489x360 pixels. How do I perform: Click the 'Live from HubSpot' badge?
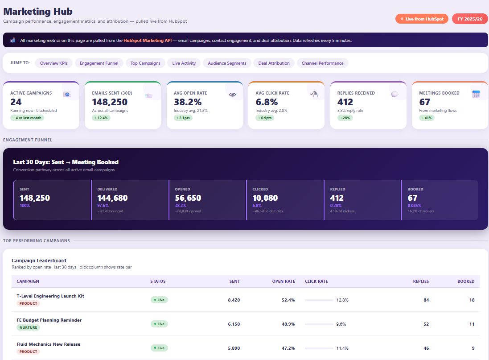421,19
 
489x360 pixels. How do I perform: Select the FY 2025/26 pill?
470,19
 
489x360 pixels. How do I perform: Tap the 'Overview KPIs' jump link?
53,63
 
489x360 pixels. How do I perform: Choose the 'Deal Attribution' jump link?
274,63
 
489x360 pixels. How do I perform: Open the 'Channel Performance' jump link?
322,63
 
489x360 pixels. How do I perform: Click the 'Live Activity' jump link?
184,63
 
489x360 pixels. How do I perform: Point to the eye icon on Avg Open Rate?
232,95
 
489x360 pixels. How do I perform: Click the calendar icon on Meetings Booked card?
476,95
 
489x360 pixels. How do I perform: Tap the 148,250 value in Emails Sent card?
110,102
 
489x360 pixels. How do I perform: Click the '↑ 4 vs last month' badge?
27,118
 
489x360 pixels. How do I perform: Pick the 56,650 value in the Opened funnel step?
188,198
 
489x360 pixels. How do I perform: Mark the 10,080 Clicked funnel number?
265,198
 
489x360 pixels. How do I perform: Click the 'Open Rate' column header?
284,281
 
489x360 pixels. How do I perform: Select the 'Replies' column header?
420,281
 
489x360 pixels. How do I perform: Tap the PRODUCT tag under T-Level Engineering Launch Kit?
28,303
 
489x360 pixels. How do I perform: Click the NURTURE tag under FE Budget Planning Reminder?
28,327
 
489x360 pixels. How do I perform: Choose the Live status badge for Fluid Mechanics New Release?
159,348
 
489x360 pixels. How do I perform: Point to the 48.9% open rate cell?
288,324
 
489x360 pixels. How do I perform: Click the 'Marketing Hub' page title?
38,12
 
